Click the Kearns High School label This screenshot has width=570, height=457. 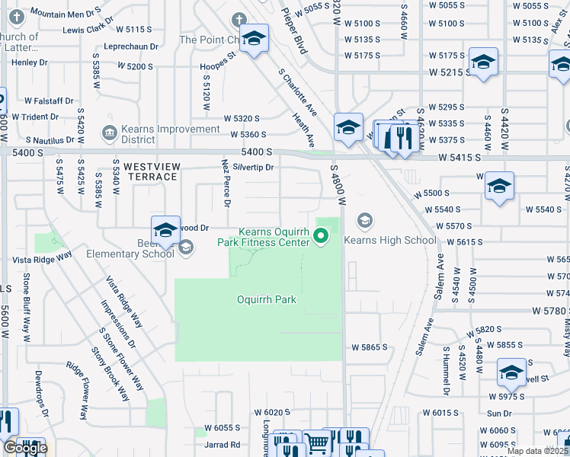point(390,240)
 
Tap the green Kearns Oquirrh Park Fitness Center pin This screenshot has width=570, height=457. point(322,238)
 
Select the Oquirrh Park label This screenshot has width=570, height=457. point(266,299)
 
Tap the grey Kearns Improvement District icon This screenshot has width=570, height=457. point(109,134)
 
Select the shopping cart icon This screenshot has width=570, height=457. point(316,443)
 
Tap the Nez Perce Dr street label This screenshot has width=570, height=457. point(226,183)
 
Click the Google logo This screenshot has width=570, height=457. point(24,448)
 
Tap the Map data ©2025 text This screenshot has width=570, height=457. point(537,451)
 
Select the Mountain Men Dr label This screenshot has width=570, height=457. point(66,14)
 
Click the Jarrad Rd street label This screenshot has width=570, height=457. point(222,445)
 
